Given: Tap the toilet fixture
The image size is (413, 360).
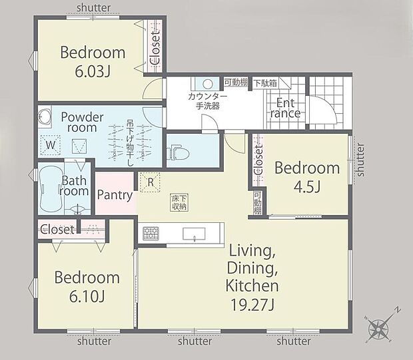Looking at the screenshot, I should point(179,153).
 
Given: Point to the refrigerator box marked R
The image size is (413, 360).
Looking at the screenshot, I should point(150,181).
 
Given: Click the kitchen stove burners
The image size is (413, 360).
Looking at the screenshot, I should point(150,234).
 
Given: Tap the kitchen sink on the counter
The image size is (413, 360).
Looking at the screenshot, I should point(195,234).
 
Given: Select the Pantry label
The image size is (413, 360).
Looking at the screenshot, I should point(115,195).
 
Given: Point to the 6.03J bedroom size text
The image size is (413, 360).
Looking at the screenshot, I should point(93,71).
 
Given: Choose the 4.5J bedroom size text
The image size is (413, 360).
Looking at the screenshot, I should point(307,187).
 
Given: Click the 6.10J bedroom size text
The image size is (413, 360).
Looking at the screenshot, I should point(87,296).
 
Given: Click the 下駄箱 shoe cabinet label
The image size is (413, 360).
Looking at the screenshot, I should point(265,83).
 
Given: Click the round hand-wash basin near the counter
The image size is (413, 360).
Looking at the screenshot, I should point(207,85).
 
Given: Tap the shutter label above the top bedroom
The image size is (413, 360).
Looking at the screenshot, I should point(94,7).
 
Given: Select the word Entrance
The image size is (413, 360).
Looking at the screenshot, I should point(285,108).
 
